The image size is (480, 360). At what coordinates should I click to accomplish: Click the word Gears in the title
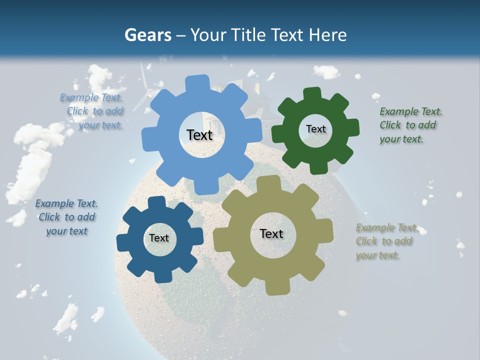click(147, 35)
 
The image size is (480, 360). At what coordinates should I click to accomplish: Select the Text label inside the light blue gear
click(199, 135)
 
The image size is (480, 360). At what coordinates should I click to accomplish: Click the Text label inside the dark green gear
click(315, 129)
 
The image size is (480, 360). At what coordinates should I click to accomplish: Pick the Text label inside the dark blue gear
click(159, 238)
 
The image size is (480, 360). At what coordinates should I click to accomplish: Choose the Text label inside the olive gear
click(271, 234)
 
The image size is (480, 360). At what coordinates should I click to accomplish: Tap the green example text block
click(410, 125)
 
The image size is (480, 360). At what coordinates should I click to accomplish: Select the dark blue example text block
click(66, 217)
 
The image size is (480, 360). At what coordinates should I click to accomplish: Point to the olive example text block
click(386, 241)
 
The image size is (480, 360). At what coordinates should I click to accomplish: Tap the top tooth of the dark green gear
click(311, 93)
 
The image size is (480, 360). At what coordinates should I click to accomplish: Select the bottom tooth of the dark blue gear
click(163, 275)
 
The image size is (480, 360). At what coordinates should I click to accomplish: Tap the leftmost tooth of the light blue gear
click(148, 139)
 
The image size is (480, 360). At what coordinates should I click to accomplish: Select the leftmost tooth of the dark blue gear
click(123, 242)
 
